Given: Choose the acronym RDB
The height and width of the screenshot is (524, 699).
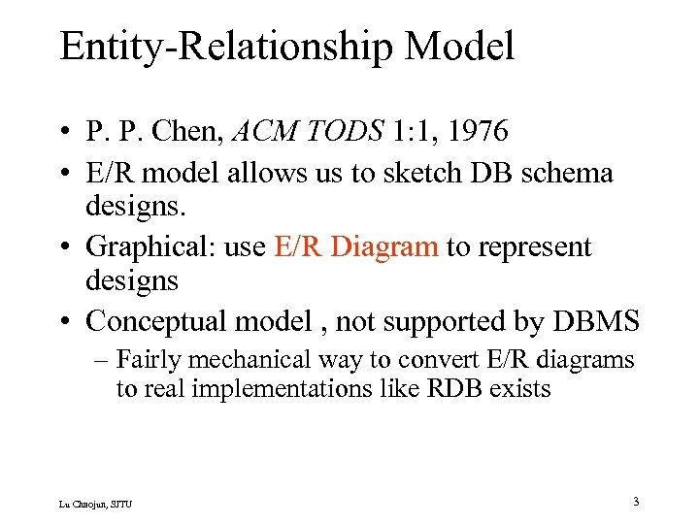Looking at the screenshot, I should [419, 389].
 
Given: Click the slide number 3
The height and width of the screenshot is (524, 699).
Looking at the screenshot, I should [635, 502].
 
